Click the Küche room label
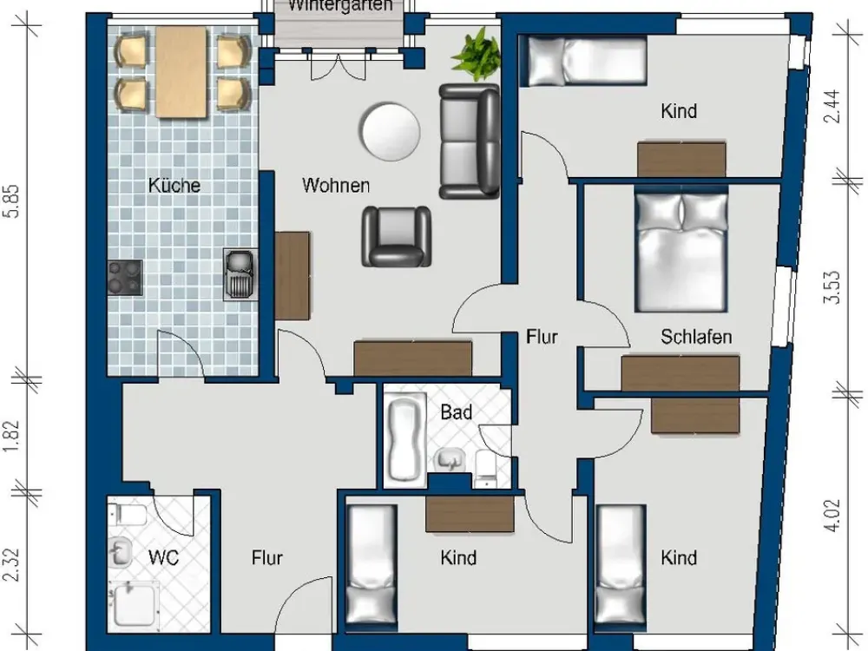[174, 185]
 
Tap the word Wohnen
[336, 185]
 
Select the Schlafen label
[696, 337]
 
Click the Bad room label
[457, 411]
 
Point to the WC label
[164, 557]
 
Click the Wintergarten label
[340, 6]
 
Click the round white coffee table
[389, 131]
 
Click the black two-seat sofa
[470, 141]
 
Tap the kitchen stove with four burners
[124, 278]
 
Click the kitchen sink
[240, 274]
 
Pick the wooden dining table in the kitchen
[181, 72]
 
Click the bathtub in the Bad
[405, 438]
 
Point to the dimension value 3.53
[832, 286]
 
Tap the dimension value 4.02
[832, 516]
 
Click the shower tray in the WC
[135, 605]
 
